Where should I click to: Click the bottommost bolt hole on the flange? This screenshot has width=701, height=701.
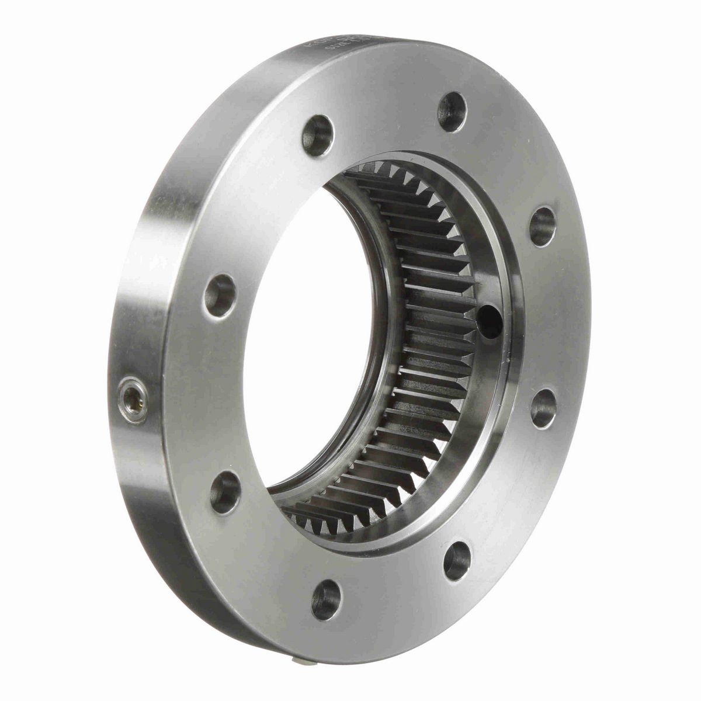pos(325,595)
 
